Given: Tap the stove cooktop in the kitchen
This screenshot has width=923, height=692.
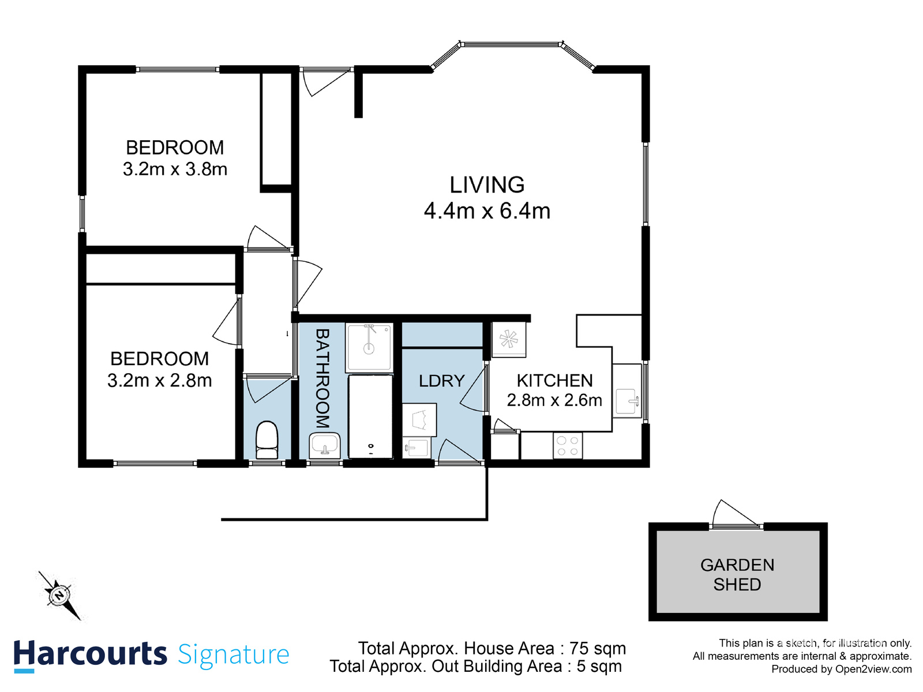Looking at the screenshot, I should coord(568,446).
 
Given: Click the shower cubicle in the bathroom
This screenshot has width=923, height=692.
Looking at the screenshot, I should coord(369,347).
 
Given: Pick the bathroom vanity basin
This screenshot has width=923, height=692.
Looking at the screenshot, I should coord(325,445).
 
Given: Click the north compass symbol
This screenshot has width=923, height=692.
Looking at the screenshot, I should coord(60,595).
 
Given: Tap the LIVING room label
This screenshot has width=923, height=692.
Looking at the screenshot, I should coord(487,185).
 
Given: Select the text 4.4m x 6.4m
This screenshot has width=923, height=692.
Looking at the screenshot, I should coord(487,211).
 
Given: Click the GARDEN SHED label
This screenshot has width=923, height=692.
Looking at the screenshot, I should coord(737,574).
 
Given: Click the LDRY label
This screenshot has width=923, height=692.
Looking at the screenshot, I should coord(441,381).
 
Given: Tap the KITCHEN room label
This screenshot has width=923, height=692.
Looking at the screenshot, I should coord(554,381).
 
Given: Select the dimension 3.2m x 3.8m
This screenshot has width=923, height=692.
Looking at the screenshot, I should coord(175,170).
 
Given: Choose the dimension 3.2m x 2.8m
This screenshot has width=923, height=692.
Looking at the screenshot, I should coord(160,381).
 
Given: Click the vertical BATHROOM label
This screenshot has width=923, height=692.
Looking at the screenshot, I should coord(322,378).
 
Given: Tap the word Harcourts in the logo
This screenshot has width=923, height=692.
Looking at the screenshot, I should coord(90,654).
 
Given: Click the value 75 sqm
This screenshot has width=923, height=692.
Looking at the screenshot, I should coord(598,648).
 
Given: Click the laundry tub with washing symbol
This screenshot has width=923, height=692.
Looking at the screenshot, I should coord(419,419).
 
